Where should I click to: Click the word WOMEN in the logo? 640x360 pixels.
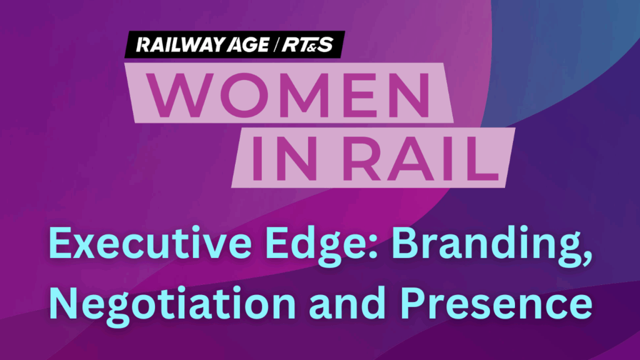pyautogui.click(x=287, y=95)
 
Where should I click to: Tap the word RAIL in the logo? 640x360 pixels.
pyautogui.click(x=421, y=158)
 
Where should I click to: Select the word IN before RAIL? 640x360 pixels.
pyautogui.click(x=284, y=158)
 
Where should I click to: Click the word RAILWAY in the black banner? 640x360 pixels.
pyautogui.click(x=180, y=44)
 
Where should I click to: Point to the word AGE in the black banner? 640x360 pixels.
pyautogui.click(x=248, y=44)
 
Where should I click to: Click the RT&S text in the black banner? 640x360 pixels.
pyautogui.click(x=307, y=44)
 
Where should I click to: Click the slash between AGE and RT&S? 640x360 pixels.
pyautogui.click(x=276, y=44)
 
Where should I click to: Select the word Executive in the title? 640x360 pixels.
pyautogui.click(x=150, y=244)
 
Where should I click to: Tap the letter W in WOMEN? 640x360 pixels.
pyautogui.click(x=182, y=95)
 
